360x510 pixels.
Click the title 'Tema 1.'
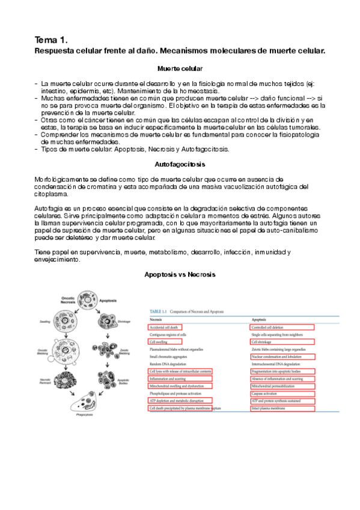[50, 40]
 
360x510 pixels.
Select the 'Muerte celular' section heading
[180, 69]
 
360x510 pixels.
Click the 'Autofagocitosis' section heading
[180, 164]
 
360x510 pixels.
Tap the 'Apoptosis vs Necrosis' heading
[180, 274]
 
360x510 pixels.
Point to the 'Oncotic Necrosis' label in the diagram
[71, 302]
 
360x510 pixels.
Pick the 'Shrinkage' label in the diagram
[130, 322]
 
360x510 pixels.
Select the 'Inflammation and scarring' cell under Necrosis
[168, 379]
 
